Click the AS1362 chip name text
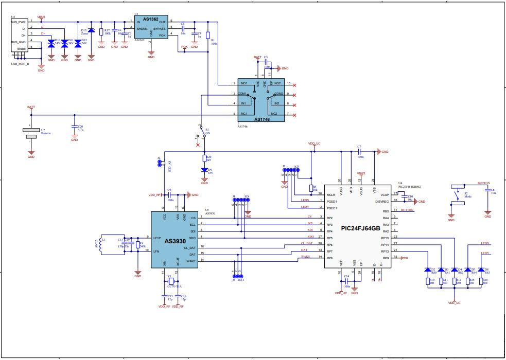[151, 19]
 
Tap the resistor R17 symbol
[101, 31]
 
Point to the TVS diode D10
[51, 44]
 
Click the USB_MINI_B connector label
[20, 64]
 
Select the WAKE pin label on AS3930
[190, 261]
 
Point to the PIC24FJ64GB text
[360, 228]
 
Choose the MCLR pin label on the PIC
[331, 195]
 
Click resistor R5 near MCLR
[311, 188]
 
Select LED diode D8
[481, 269]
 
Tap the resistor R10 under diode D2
[428, 281]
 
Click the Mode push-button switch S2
[458, 195]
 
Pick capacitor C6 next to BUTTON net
[488, 191]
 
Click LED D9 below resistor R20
[204, 170]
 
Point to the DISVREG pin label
[381, 201]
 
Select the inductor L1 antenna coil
[103, 246]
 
